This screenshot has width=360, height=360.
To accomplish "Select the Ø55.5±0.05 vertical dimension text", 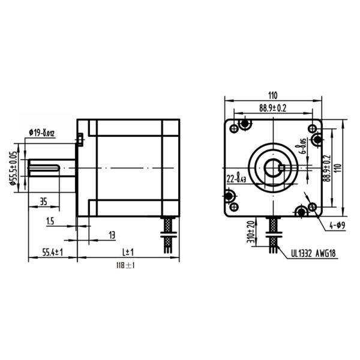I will tap(13, 169).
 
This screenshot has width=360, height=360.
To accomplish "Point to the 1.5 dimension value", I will tap(50, 221).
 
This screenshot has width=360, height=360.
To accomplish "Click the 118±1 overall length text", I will tap(125, 265).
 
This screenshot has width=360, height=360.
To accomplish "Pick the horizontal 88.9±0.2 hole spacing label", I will tap(272, 107).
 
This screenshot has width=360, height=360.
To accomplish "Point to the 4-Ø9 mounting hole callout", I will tap(336, 226).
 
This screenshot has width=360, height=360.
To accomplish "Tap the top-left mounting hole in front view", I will tap(245, 125).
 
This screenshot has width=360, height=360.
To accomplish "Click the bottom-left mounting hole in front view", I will tap(230, 197).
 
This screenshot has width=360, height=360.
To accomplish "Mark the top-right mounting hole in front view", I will tap(312, 128).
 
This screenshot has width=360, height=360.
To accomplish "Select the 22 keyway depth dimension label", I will tap(236, 178).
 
